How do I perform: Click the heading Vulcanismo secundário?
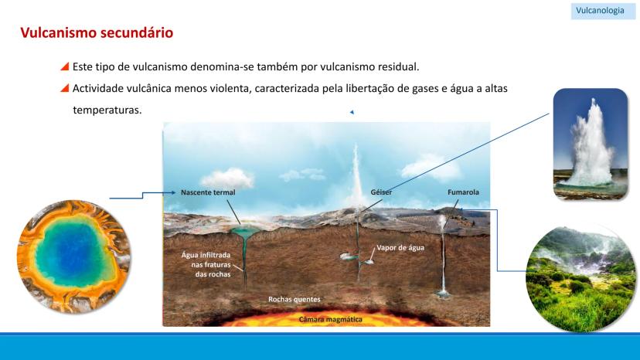click(x=97, y=32)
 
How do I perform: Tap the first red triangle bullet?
click(x=64, y=66)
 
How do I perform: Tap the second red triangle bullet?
click(x=64, y=88)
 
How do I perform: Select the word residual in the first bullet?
click(x=397, y=66)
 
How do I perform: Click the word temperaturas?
click(x=107, y=110)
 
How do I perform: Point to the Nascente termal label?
click(x=208, y=192)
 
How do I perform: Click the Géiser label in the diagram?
click(x=381, y=192)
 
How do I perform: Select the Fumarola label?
click(x=463, y=192)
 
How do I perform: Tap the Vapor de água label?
click(x=400, y=248)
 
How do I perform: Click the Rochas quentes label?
click(x=294, y=299)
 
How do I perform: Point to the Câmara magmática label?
click(x=330, y=320)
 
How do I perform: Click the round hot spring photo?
click(x=74, y=256)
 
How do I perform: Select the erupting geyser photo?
click(x=591, y=144)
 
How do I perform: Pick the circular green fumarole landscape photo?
click(x=580, y=279)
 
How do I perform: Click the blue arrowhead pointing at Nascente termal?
click(x=173, y=192)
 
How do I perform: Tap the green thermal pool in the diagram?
click(x=244, y=233)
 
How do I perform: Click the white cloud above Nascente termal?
click(x=227, y=178)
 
